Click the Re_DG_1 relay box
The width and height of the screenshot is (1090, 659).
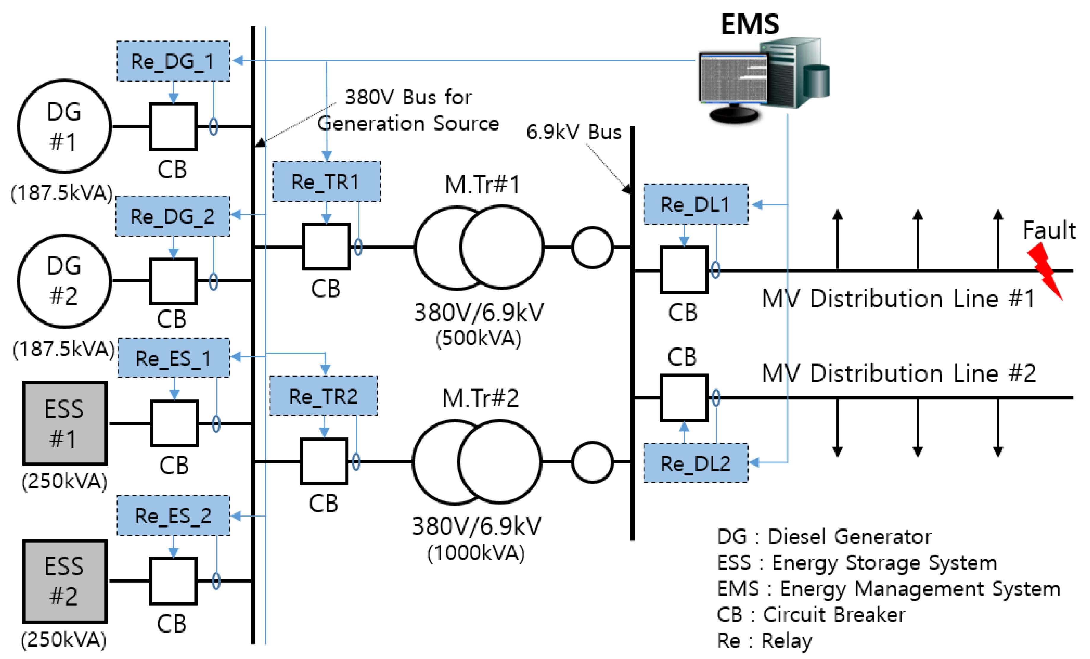point(173,61)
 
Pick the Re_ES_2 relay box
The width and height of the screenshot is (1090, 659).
point(173,516)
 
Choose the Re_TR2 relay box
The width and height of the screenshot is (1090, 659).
point(323,396)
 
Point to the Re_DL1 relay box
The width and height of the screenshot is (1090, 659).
point(695,204)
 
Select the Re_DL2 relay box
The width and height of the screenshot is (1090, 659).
point(695,463)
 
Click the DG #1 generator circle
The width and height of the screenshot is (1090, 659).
point(65,126)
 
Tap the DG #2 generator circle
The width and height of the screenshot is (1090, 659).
point(65,281)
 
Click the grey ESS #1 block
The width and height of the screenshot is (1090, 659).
point(65,423)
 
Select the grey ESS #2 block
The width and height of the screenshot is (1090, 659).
point(65,581)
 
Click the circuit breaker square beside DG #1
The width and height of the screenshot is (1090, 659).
point(173,127)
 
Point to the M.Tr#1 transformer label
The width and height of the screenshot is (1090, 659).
point(482,185)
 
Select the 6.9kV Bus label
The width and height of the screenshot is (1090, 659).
point(573,132)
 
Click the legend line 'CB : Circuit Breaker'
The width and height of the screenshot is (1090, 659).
point(811,614)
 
